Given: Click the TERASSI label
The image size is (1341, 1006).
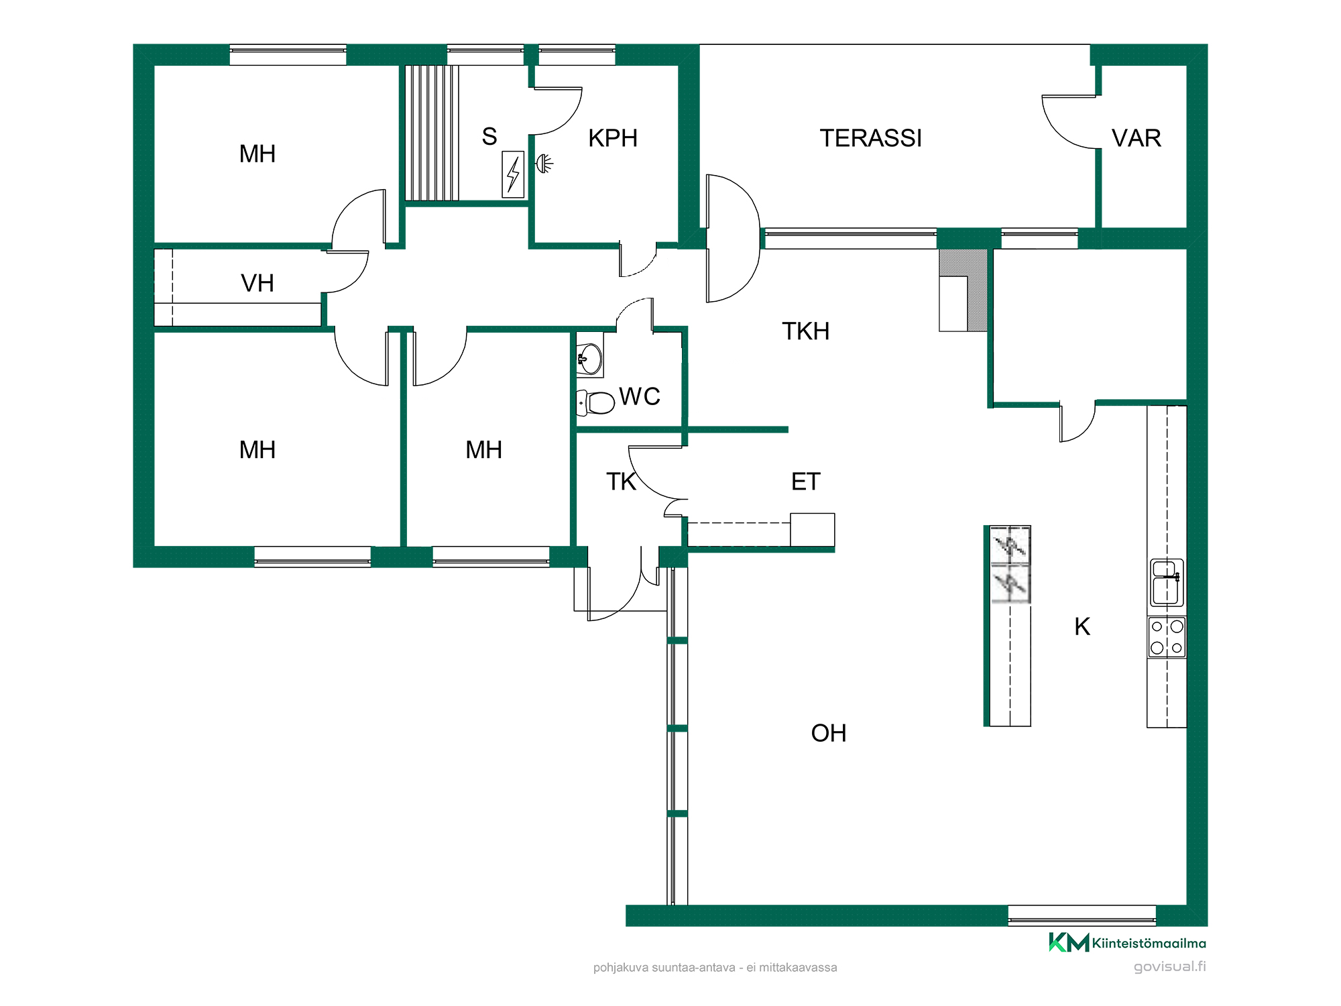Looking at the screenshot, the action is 870,138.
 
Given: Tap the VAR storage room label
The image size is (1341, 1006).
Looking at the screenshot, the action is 1136,138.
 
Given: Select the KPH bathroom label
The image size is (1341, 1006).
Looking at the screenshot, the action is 612,138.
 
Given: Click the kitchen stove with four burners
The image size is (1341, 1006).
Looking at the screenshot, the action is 1167,637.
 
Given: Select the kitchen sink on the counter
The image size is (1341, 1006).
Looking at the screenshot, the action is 1167,582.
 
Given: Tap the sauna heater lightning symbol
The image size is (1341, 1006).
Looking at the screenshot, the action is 513,174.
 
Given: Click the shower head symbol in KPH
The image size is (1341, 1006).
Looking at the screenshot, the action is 544,163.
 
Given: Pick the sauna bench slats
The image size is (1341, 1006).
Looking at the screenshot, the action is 432,133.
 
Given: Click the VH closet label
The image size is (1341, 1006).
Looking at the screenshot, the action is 257,283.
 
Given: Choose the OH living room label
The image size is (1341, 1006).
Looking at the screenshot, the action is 829,733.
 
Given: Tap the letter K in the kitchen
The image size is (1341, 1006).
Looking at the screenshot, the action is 1082,626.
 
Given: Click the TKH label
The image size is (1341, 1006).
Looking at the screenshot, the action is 806,331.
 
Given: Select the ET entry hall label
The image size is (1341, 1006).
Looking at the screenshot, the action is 806,482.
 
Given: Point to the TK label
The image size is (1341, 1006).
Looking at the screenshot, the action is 621,482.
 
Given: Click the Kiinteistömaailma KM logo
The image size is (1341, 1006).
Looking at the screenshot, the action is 1127,942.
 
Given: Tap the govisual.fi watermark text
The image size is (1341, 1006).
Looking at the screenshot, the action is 1170,966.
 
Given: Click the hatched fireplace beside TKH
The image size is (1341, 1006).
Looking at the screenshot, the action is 964,290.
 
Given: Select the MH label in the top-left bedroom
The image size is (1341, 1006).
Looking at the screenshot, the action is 257,154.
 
